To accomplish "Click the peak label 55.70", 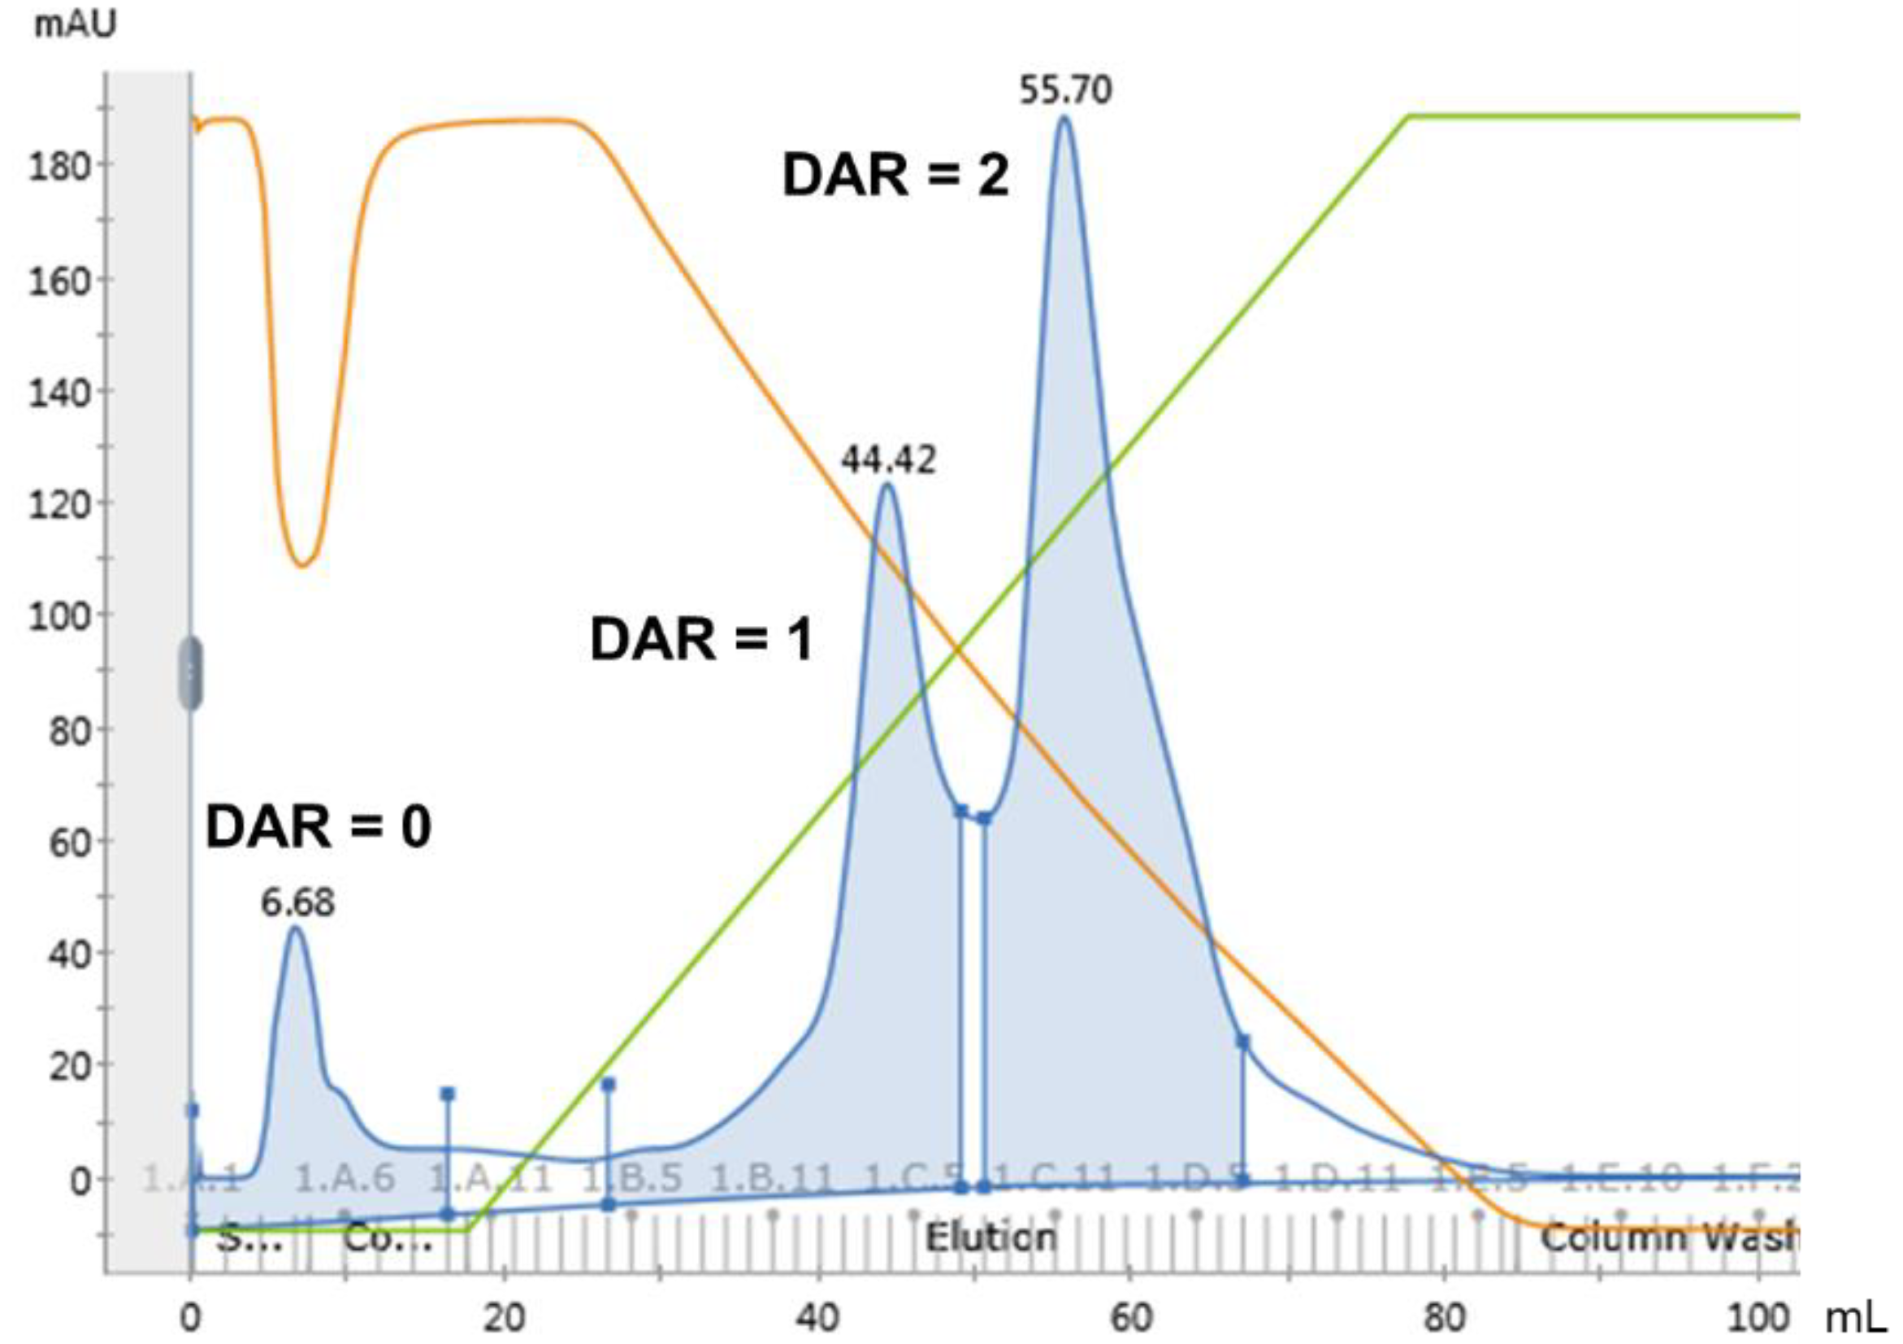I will pos(1065,89).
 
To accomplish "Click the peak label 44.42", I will pos(888,459).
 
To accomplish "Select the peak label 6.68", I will pos(298,902).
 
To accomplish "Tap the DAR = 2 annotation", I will pos(896,176).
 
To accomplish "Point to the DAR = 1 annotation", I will pos(701,641).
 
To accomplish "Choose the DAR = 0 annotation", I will pos(319,828).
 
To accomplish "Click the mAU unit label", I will pos(75,25).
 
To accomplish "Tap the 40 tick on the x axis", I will pos(817,1317).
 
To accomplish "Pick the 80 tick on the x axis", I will pos(1444,1317).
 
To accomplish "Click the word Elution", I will pos(991,1238).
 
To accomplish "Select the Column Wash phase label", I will pos(1666,1238).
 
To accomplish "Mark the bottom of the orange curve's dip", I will pos(303,566).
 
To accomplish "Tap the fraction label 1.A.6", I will pos(345,1178).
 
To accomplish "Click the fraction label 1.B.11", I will pos(773,1178).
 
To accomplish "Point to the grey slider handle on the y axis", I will pos(192,673).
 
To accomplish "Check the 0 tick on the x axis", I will pos(192,1317).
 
